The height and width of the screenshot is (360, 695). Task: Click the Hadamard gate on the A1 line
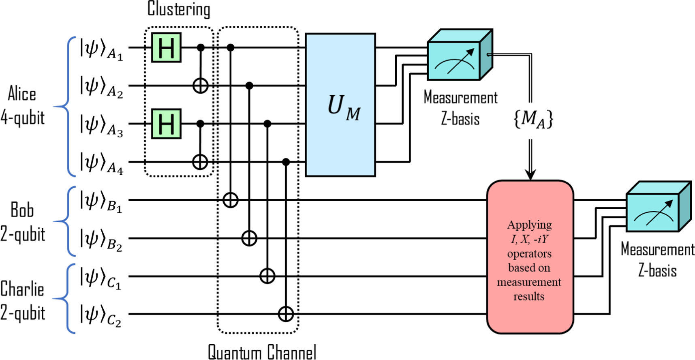click(x=166, y=48)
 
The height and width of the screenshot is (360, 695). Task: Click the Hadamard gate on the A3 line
click(x=166, y=124)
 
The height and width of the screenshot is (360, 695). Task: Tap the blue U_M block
click(x=340, y=105)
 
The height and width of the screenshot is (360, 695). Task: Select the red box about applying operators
click(x=530, y=257)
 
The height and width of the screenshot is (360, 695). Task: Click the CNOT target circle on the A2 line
click(x=200, y=86)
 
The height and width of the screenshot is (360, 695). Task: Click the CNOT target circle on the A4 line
click(x=200, y=162)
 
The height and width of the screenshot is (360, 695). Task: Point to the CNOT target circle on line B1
click(x=231, y=200)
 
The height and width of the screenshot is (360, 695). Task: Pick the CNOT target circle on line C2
click(x=286, y=314)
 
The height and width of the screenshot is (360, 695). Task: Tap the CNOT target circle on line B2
click(x=249, y=238)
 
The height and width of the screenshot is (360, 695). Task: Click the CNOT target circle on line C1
click(x=267, y=276)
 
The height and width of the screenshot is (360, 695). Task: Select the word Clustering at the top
click(x=179, y=9)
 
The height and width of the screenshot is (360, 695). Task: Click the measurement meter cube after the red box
click(x=657, y=208)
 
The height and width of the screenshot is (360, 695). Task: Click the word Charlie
click(x=22, y=289)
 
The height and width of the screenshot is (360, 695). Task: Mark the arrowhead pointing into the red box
click(x=530, y=175)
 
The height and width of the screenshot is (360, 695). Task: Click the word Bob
click(x=22, y=210)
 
